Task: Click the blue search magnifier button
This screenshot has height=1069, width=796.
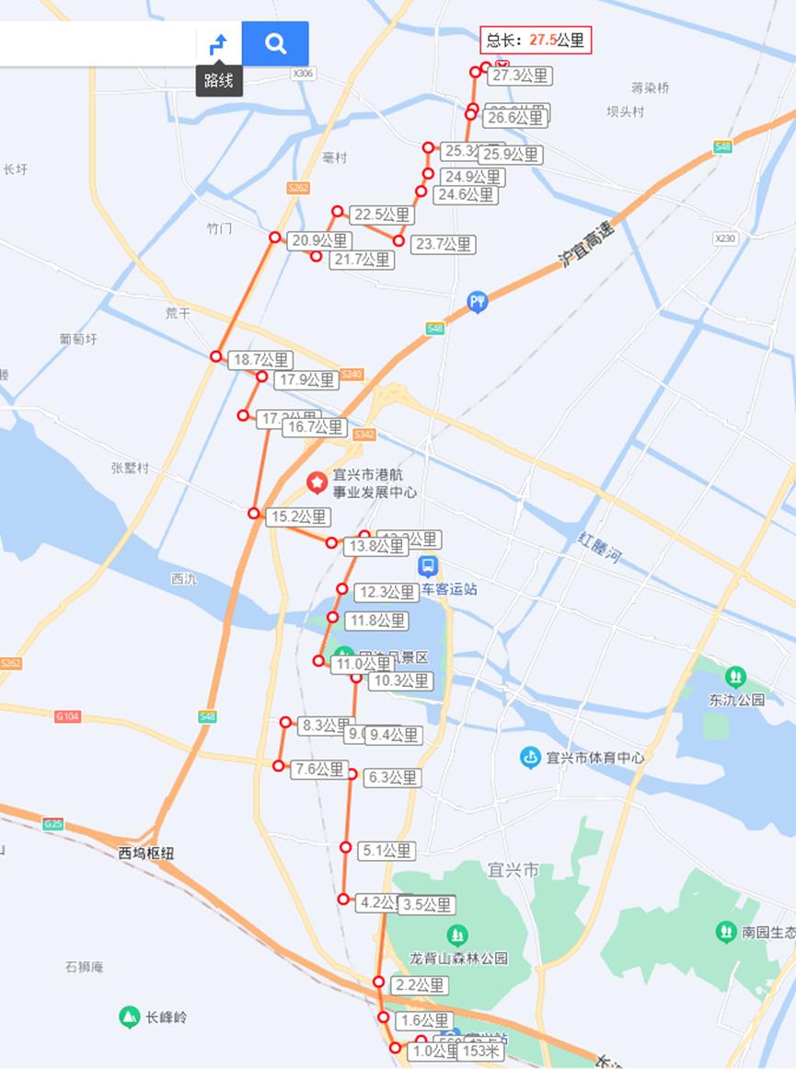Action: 275,43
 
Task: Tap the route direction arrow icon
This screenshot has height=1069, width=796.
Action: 218,43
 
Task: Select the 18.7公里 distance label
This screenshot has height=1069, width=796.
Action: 260,360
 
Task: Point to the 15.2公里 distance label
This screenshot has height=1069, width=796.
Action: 298,517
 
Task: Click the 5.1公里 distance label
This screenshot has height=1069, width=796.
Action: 386,851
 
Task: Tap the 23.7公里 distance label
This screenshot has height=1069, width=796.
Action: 444,244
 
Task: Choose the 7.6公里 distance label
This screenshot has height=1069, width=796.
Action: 318,770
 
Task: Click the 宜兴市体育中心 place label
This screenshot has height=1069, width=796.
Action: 595,758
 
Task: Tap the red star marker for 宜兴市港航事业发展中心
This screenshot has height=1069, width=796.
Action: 317,482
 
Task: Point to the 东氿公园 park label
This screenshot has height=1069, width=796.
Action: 736,699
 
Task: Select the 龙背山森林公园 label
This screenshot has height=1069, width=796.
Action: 458,958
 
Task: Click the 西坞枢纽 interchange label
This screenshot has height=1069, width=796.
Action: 146,853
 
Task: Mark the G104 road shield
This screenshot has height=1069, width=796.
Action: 67,715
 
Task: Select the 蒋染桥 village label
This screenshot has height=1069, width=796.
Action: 651,88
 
